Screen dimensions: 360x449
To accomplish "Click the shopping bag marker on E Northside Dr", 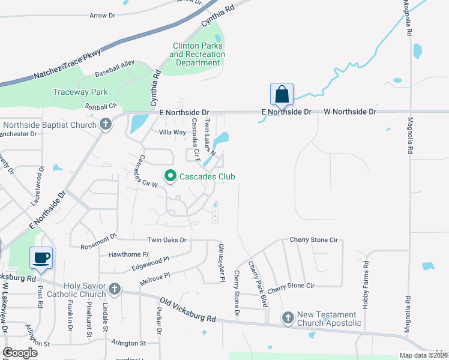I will coord(282,95).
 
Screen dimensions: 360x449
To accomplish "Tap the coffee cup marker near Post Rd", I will coord(41,258).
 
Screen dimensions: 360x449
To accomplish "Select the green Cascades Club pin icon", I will coord(170,176).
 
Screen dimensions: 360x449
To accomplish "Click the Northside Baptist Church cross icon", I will coord(106,125).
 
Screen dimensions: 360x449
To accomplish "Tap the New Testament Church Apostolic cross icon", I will coord(288,318).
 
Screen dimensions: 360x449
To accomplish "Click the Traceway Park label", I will coord(80,92).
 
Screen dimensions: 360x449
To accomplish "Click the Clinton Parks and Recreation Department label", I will coord(197,55).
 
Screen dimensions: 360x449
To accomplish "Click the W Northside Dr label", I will coord(350,112).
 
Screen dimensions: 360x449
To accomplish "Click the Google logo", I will coord(20,353).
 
